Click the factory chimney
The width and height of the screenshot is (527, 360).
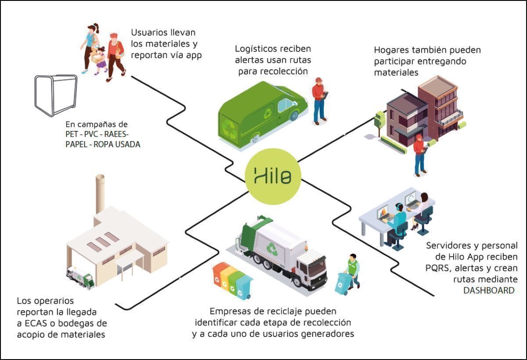pyautogui.click(x=100, y=193)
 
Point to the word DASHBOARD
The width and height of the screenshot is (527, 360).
pyautogui.click(x=488, y=291)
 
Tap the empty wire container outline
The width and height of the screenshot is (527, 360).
pyautogui.click(x=56, y=95)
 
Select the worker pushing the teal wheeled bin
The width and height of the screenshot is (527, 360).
pyautogui.click(x=352, y=270)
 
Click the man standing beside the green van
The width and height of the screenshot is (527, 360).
pyautogui.click(x=319, y=101)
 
